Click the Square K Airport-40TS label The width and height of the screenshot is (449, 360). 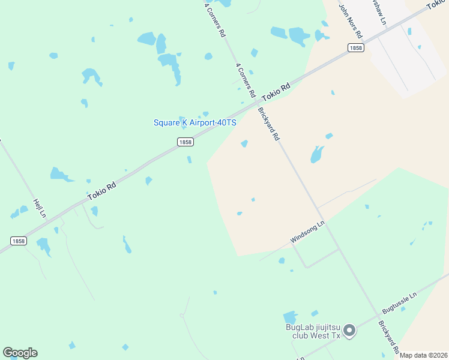point(195,122)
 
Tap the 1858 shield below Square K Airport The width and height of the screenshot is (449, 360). point(185,142)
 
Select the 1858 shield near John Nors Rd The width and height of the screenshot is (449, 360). point(356,48)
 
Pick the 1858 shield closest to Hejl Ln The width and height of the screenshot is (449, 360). point(18,241)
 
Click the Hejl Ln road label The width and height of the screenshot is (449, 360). point(40,207)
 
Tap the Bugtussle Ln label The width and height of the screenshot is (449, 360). point(399,303)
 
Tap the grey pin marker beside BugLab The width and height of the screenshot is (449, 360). point(351,331)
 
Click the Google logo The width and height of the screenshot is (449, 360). point(20,353)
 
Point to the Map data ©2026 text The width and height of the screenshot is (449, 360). point(424,355)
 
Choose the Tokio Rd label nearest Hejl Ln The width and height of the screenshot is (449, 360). point(101,191)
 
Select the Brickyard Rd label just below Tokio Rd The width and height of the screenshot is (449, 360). point(268,124)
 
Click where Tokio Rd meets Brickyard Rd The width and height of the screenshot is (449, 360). point(256,103)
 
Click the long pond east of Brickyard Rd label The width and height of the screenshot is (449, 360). point(317,154)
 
